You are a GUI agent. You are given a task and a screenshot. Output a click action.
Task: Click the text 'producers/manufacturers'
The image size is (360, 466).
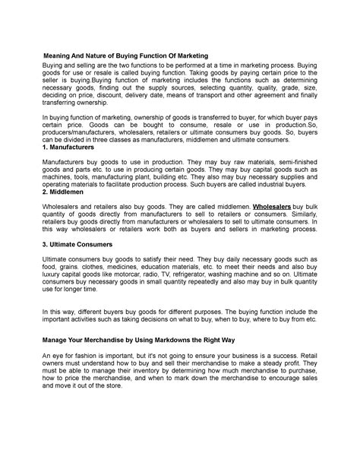coord(76,152)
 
